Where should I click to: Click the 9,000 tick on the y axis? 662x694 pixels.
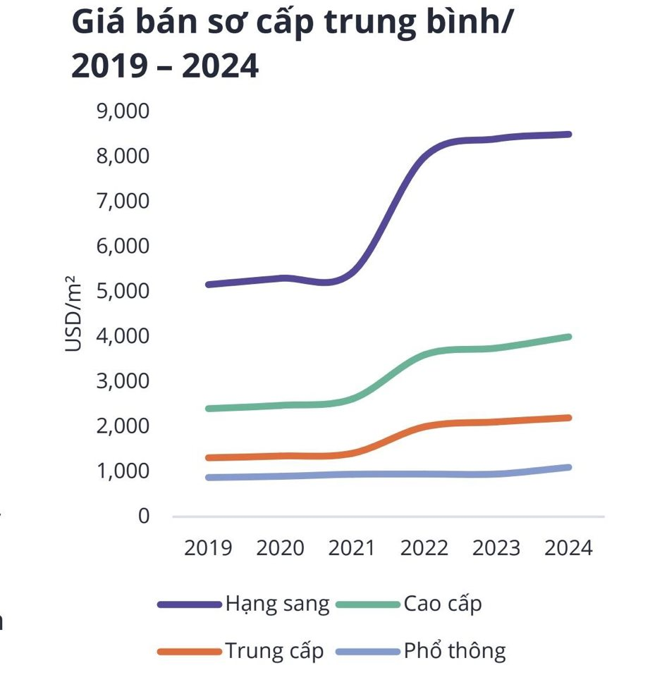coord(125,111)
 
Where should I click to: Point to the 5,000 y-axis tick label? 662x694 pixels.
coord(125,291)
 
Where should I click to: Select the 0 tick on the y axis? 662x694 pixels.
coord(144,516)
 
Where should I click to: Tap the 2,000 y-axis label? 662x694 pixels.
coord(125,426)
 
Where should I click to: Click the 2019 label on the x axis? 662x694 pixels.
coord(208,547)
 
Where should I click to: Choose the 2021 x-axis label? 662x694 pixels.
coord(353,547)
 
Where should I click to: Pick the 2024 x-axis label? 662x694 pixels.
coord(568,547)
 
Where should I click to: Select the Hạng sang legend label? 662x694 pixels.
coord(277,605)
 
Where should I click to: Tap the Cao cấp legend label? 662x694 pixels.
coord(443,604)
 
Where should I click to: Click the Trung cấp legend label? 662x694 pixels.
coord(275,650)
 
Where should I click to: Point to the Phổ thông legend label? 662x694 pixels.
coord(455,650)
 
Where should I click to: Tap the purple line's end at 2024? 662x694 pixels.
coord(568,134)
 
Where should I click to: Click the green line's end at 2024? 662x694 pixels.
coord(568,337)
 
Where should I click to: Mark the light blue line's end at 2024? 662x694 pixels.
coord(568,467)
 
